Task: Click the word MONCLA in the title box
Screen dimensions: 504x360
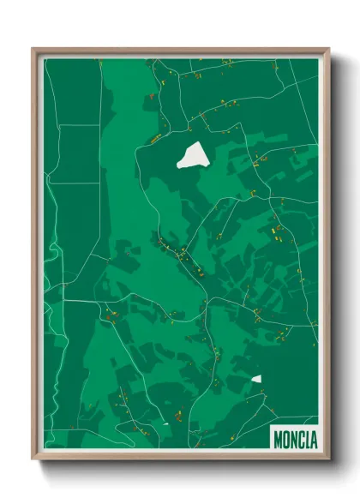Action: click(x=295, y=440)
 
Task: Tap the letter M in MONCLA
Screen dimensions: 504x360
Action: click(x=278, y=440)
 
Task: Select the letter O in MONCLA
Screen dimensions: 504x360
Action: click(x=286, y=440)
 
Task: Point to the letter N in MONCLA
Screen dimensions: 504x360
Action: click(x=294, y=440)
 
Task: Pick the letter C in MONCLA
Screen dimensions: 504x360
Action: click(x=302, y=440)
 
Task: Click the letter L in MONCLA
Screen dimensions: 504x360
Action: click(x=308, y=440)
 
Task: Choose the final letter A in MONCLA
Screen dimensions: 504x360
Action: click(x=314, y=440)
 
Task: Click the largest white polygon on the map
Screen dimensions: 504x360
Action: click(x=194, y=155)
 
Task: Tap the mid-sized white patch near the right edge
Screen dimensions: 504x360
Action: click(x=256, y=378)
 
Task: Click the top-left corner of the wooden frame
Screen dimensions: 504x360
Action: click(x=33, y=50)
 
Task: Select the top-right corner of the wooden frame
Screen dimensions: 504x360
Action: click(x=328, y=50)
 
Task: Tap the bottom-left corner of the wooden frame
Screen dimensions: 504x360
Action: click(x=33, y=459)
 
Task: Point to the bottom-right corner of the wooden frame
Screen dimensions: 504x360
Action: click(x=328, y=459)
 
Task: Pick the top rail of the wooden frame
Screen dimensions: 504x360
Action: click(x=180, y=51)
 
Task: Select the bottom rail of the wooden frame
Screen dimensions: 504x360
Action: click(x=180, y=458)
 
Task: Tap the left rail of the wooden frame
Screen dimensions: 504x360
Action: click(x=35, y=257)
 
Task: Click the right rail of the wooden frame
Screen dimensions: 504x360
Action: click(x=327, y=257)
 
